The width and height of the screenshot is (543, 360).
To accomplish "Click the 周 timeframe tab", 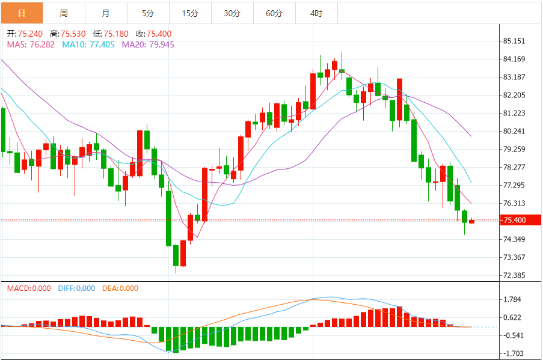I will (x=64, y=13).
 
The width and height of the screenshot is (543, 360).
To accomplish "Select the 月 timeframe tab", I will (x=106, y=13).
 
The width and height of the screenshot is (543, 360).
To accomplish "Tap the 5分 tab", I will (x=148, y=13).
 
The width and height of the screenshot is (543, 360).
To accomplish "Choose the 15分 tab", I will (x=190, y=13).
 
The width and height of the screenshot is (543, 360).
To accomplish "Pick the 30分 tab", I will (x=232, y=13).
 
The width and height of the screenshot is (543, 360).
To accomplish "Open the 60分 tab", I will (x=274, y=13).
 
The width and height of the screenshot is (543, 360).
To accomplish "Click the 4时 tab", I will (x=316, y=13).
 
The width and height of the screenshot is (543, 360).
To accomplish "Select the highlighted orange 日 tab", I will (x=22, y=13).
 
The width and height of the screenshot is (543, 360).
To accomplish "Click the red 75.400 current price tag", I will (x=515, y=220).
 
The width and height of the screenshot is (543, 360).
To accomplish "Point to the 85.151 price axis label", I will (x=515, y=41).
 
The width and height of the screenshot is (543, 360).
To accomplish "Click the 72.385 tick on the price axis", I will (x=515, y=275).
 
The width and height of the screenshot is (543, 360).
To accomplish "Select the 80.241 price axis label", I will (x=515, y=131).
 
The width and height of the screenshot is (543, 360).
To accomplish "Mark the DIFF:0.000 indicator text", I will (x=76, y=288).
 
